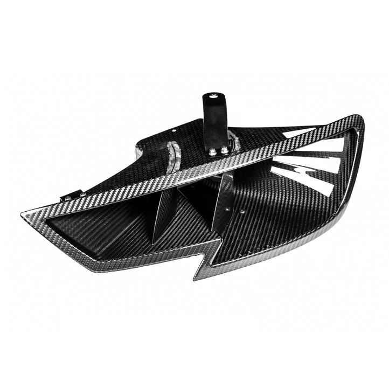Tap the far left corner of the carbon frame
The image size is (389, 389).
point(24,215)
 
